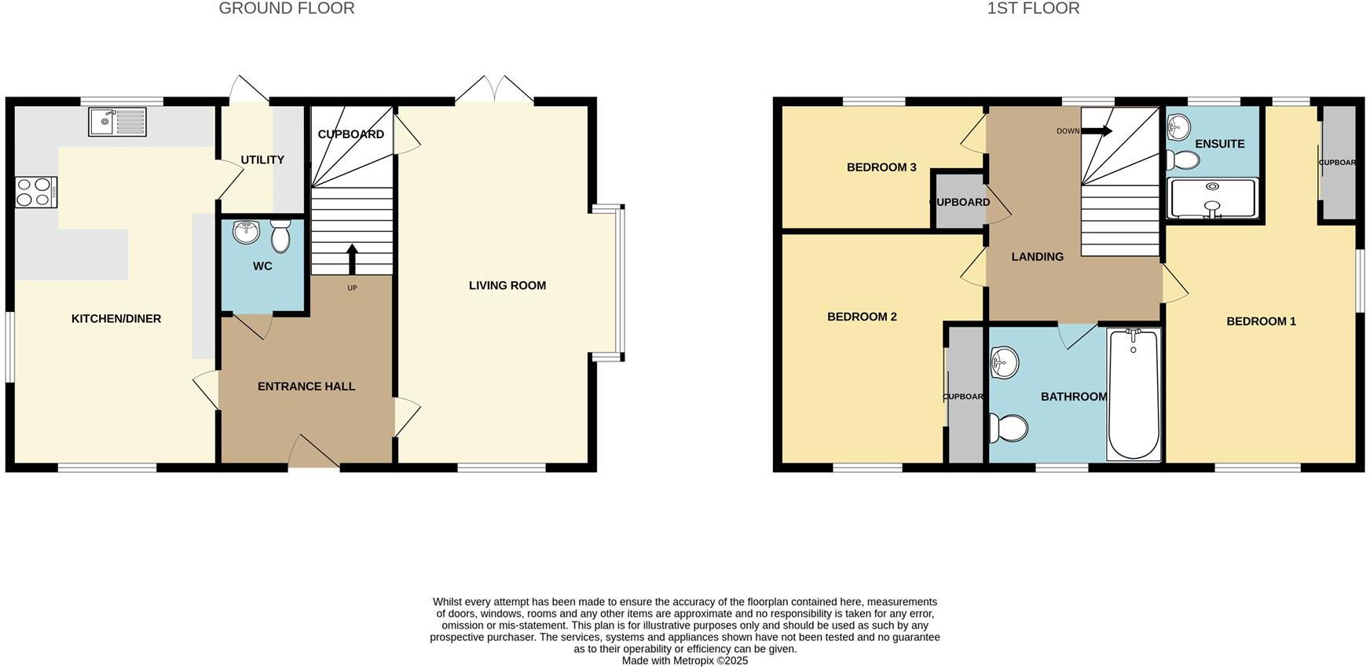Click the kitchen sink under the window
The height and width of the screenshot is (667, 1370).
coord(117,122)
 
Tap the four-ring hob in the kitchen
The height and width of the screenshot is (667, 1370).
coord(36,192)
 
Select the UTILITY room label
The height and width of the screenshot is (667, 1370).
coord(262,159)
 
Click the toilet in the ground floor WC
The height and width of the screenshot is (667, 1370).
coord(280,234)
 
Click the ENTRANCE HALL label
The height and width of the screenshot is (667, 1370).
coord(306,387)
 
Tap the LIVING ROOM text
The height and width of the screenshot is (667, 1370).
coord(507,285)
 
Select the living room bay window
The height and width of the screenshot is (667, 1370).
coord(617,283)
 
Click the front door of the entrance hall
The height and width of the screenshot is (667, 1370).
coord(314,454)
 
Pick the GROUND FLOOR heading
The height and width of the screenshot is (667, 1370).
coord(287,9)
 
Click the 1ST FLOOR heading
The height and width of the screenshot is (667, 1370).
coord(1033,9)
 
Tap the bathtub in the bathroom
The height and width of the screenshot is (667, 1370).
coord(1134,395)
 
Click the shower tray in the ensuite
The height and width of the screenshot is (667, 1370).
coord(1213,198)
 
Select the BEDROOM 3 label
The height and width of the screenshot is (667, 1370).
coord(881,167)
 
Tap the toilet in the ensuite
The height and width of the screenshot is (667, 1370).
coord(1183,161)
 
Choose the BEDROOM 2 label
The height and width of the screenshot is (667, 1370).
coord(862,317)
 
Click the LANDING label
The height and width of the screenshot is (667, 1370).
coord(1037,257)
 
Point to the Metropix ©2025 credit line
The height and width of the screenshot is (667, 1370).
coord(685,661)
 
